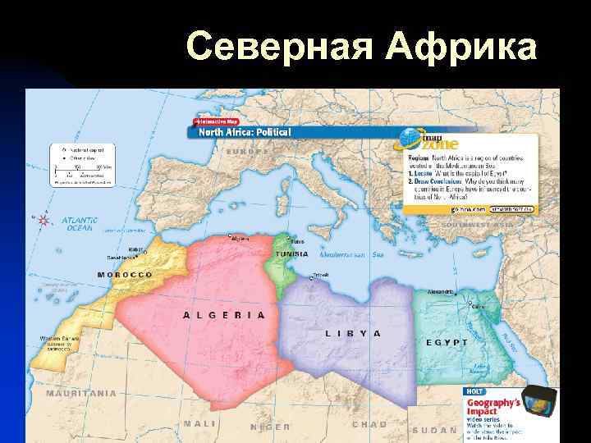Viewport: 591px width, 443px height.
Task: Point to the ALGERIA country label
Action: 224,314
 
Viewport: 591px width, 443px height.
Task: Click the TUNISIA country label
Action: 291,254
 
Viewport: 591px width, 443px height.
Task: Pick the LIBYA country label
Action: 354,333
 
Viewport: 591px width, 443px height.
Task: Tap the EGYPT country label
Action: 447,342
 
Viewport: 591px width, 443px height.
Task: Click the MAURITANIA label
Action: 81,393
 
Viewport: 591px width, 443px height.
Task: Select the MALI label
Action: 199,423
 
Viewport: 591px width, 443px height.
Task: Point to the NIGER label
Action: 270,427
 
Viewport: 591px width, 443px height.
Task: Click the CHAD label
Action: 369,424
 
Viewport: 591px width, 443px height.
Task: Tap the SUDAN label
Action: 434,430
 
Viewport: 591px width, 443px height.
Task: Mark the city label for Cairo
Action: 477,307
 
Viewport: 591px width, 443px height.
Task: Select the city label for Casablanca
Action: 121,258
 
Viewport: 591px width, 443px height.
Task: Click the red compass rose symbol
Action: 41,219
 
